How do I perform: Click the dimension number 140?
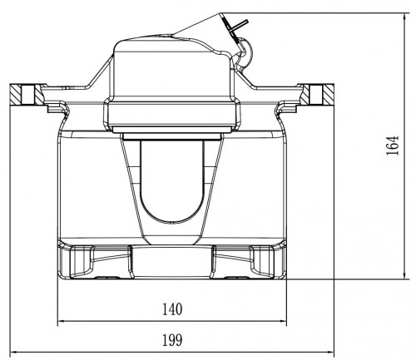pos(172,309)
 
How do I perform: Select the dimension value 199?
pos(172,340)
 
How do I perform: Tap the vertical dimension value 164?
pos(393,145)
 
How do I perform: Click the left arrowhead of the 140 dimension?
pos(62,322)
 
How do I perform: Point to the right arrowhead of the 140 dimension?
pos(283,322)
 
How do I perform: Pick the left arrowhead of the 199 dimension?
pos(14,353)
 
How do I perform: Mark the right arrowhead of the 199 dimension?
pos(330,353)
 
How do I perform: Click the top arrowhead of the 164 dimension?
pos(405,17)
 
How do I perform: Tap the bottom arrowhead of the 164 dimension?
pos(405,275)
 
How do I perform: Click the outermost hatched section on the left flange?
pos(16,94)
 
